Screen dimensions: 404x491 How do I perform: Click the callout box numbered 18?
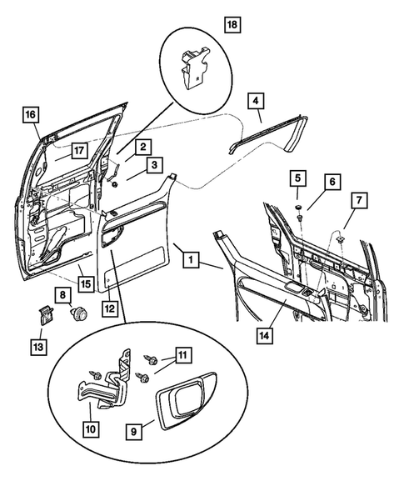click(232, 24)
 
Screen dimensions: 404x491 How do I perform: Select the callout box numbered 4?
click(256, 101)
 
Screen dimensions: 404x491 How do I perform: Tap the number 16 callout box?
click(31, 114)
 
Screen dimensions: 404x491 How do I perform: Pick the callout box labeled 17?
click(79, 151)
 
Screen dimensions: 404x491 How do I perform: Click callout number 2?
click(143, 147)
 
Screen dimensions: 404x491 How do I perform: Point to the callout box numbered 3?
click(154, 165)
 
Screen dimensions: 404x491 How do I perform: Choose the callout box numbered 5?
click(297, 178)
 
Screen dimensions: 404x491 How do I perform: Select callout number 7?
click(359, 200)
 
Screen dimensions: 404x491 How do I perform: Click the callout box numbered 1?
click(191, 259)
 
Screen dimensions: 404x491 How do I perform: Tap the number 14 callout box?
click(264, 336)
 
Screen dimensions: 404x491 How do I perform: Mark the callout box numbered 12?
click(110, 308)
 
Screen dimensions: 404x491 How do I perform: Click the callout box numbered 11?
click(183, 355)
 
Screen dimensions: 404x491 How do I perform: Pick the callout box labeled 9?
click(133, 432)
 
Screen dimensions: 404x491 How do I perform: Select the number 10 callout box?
click(91, 429)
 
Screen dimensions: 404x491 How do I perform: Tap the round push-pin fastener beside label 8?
click(79, 313)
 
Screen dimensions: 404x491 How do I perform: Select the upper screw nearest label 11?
click(151, 359)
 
